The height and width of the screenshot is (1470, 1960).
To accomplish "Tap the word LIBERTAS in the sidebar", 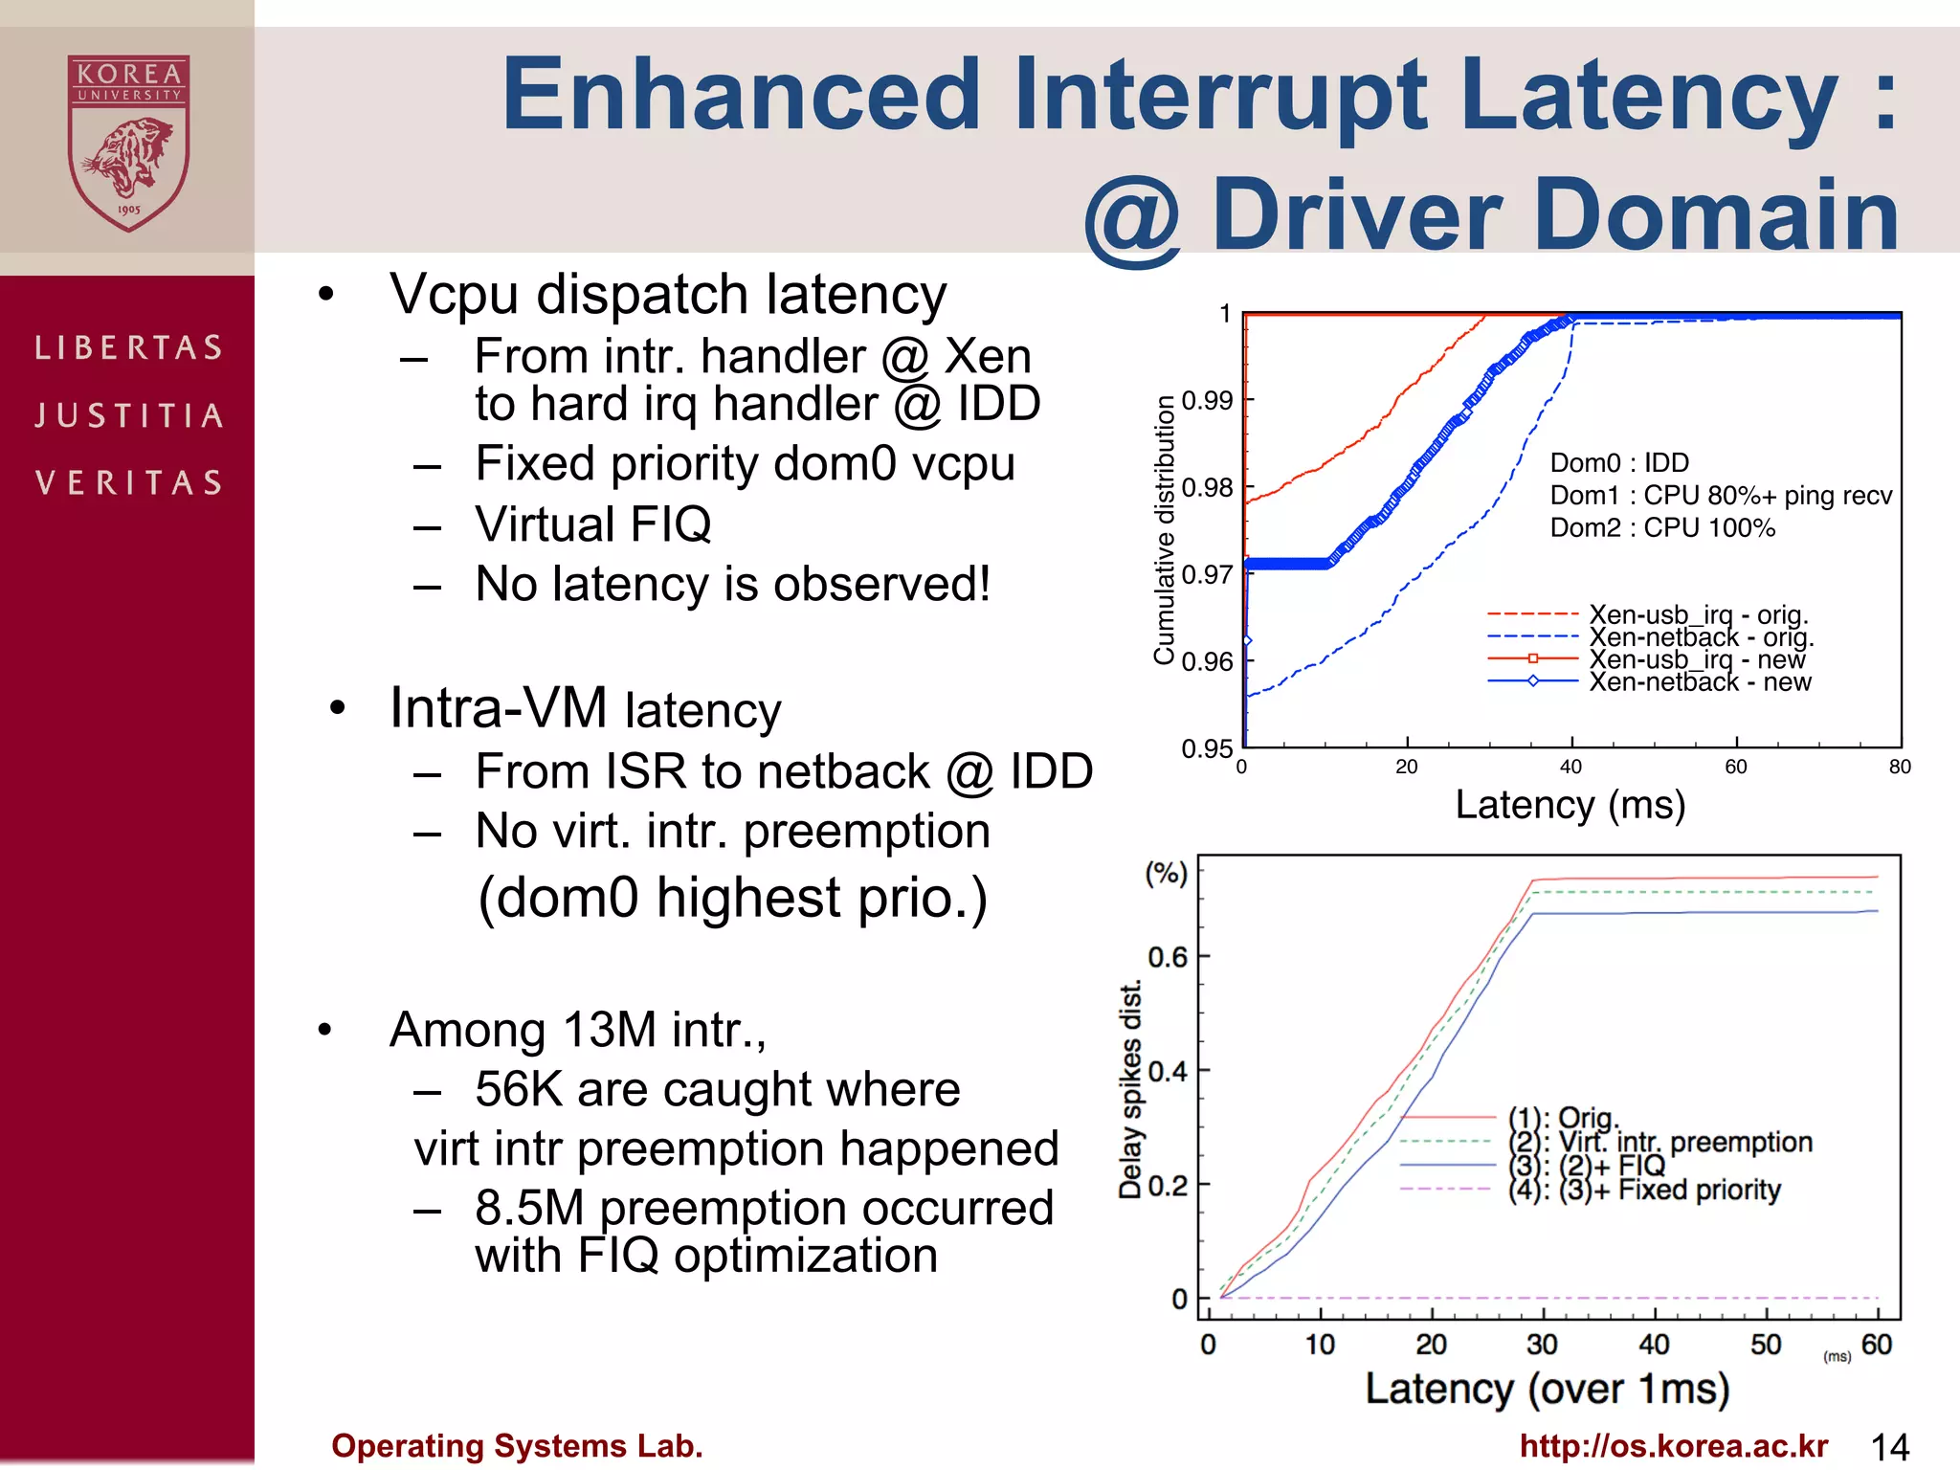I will pyautogui.click(x=129, y=347).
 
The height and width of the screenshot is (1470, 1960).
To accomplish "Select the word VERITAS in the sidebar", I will pyautogui.click(x=129, y=482).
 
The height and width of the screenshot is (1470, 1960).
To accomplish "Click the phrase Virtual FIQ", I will pyautogui.click(x=593, y=524).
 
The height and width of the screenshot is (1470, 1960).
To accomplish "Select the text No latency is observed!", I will pyautogui.click(x=732, y=584).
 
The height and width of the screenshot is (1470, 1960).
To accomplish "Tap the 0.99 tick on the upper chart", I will pyautogui.click(x=1207, y=400).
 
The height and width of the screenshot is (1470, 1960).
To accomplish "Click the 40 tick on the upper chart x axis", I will pyautogui.click(x=1570, y=767).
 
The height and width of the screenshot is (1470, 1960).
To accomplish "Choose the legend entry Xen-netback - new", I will pyautogui.click(x=1700, y=682).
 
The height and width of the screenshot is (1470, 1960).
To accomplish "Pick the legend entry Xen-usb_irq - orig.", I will pyautogui.click(x=1698, y=613).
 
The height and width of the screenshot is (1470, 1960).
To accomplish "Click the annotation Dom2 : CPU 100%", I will pyautogui.click(x=1662, y=528).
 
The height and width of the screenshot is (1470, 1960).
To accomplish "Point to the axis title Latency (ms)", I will pyautogui.click(x=1570, y=805).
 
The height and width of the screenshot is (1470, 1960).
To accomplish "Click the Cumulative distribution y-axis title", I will pyautogui.click(x=1164, y=529).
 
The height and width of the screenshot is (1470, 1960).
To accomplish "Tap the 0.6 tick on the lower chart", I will pyautogui.click(x=1167, y=957).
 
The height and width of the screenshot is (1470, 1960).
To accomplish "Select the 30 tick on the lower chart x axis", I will pyautogui.click(x=1542, y=1345).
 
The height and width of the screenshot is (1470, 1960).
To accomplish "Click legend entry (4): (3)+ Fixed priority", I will pyautogui.click(x=1644, y=1190).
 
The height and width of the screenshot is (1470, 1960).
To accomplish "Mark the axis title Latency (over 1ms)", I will pyautogui.click(x=1548, y=1389).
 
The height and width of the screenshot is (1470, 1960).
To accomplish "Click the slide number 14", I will pyautogui.click(x=1890, y=1446).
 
